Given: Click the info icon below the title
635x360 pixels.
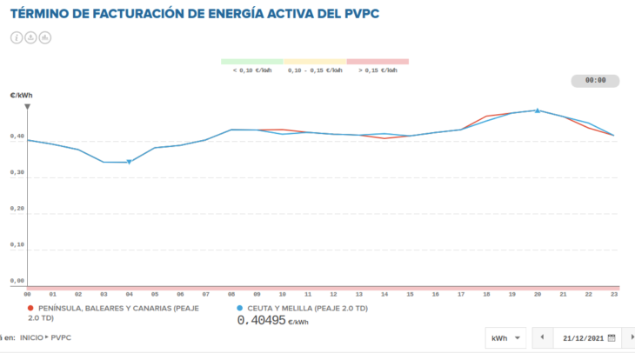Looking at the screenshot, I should click(17, 37).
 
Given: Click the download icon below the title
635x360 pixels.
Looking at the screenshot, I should click(30, 37).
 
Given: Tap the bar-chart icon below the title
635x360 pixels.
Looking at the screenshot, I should click(45, 37).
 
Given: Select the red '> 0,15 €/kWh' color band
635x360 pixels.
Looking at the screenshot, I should click(378, 62).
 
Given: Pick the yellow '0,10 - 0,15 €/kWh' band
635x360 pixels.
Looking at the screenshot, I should click(315, 62).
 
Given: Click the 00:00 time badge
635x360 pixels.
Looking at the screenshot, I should click(595, 80).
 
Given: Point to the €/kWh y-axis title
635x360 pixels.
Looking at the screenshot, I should click(22, 96).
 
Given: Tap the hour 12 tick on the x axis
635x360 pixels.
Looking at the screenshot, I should click(333, 295).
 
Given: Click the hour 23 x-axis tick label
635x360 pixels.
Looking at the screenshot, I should click(614, 295).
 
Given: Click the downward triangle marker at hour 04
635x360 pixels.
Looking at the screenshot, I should click(129, 163).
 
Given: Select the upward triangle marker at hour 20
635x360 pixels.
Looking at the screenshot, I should click(538, 110).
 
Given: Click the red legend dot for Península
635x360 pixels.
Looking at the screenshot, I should click(31, 309).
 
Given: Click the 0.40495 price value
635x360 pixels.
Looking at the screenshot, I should click(262, 320).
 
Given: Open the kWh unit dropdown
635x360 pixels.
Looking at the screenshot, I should click(507, 337).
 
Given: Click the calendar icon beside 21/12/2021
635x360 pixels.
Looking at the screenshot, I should click(612, 337).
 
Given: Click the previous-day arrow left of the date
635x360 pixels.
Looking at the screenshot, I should click(542, 337).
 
